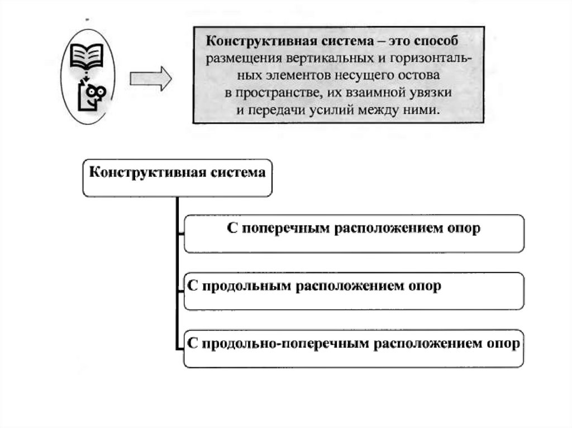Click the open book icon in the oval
coord(87,56)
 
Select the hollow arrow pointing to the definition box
coord(150,79)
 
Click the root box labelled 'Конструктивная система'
coord(178,172)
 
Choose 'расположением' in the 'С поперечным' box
coord(391,229)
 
